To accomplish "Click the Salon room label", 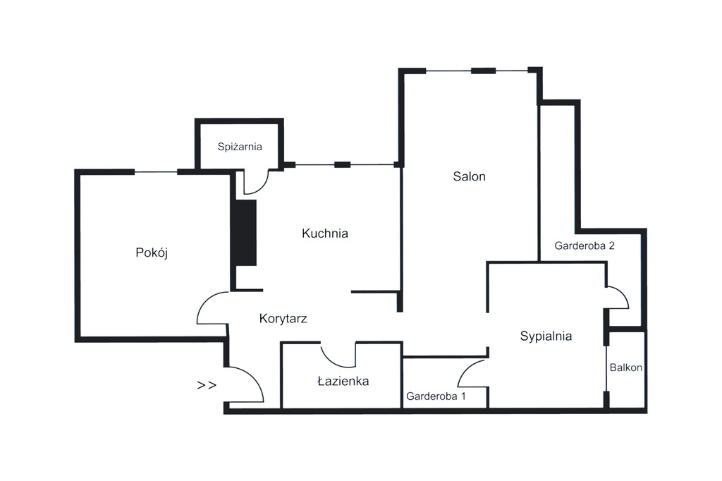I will [x=469, y=177].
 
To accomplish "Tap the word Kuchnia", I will [x=325, y=233].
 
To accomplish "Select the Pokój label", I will [x=152, y=253].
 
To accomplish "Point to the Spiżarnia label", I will [x=240, y=147].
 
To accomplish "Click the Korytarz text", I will [x=283, y=318].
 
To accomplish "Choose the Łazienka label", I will [x=343, y=382].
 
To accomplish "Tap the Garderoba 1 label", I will [x=436, y=396].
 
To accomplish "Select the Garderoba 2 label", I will [x=585, y=246].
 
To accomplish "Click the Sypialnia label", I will [x=546, y=336].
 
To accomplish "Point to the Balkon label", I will [x=626, y=368].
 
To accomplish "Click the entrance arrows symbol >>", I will [x=207, y=385].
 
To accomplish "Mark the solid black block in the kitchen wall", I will [x=246, y=233].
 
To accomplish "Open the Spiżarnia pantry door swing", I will [x=257, y=182].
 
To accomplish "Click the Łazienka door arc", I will [x=338, y=356].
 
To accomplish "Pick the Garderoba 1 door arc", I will [x=472, y=373].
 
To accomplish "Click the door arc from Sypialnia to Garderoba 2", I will [x=618, y=297].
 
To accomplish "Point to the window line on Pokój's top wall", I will [x=156, y=172].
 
